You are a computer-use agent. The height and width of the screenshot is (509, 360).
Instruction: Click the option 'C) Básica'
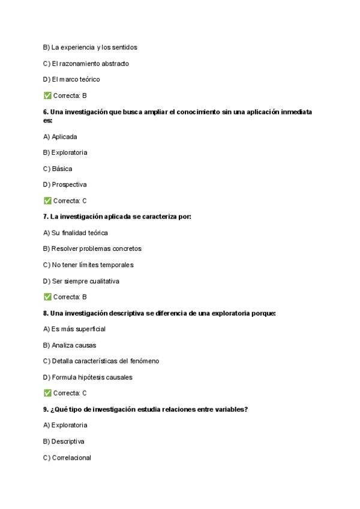58,169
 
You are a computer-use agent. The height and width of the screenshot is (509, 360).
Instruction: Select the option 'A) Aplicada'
60,137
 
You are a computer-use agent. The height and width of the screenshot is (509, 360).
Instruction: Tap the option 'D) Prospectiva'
65,185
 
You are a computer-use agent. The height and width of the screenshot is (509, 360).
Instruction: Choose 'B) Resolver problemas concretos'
92,248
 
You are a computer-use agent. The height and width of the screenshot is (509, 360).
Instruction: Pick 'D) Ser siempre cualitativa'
81,281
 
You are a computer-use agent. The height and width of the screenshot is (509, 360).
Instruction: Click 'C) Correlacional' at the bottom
67,457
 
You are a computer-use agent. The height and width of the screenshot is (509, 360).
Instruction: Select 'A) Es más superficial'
74,329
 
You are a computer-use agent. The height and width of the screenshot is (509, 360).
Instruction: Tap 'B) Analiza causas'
70,345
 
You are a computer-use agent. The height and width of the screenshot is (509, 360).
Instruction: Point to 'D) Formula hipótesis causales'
88,377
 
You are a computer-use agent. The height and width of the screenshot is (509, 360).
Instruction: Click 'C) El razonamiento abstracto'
86,64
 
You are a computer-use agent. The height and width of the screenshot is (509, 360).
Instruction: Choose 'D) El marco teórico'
71,79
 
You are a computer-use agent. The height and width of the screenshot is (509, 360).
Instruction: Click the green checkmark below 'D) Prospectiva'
47,200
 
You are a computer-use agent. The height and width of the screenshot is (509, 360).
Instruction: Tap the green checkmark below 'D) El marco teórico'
47,95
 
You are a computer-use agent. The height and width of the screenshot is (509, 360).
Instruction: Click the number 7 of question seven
45,217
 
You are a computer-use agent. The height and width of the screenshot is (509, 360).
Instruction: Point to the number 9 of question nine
45,409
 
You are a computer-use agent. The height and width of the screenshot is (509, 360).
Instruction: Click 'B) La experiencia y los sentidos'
90,47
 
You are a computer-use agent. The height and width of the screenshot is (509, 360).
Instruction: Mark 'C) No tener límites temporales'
88,265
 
